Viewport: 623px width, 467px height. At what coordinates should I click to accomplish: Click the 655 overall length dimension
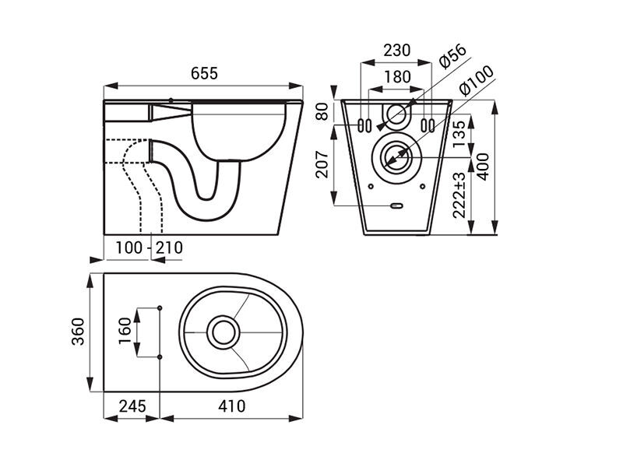click(204, 73)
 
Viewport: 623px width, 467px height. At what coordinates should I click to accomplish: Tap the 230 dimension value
click(397, 51)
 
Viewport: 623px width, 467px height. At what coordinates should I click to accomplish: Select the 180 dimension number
click(398, 76)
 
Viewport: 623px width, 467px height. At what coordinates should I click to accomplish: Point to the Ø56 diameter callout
click(453, 56)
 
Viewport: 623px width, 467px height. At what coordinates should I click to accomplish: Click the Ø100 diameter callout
click(476, 80)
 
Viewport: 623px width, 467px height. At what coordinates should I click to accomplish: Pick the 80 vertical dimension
click(322, 111)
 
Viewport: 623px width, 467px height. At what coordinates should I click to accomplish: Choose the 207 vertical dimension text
click(322, 164)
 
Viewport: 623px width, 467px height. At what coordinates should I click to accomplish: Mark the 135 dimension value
click(459, 134)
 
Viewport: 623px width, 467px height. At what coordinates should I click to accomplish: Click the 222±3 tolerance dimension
click(459, 195)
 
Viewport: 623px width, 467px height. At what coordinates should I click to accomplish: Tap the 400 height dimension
click(483, 167)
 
